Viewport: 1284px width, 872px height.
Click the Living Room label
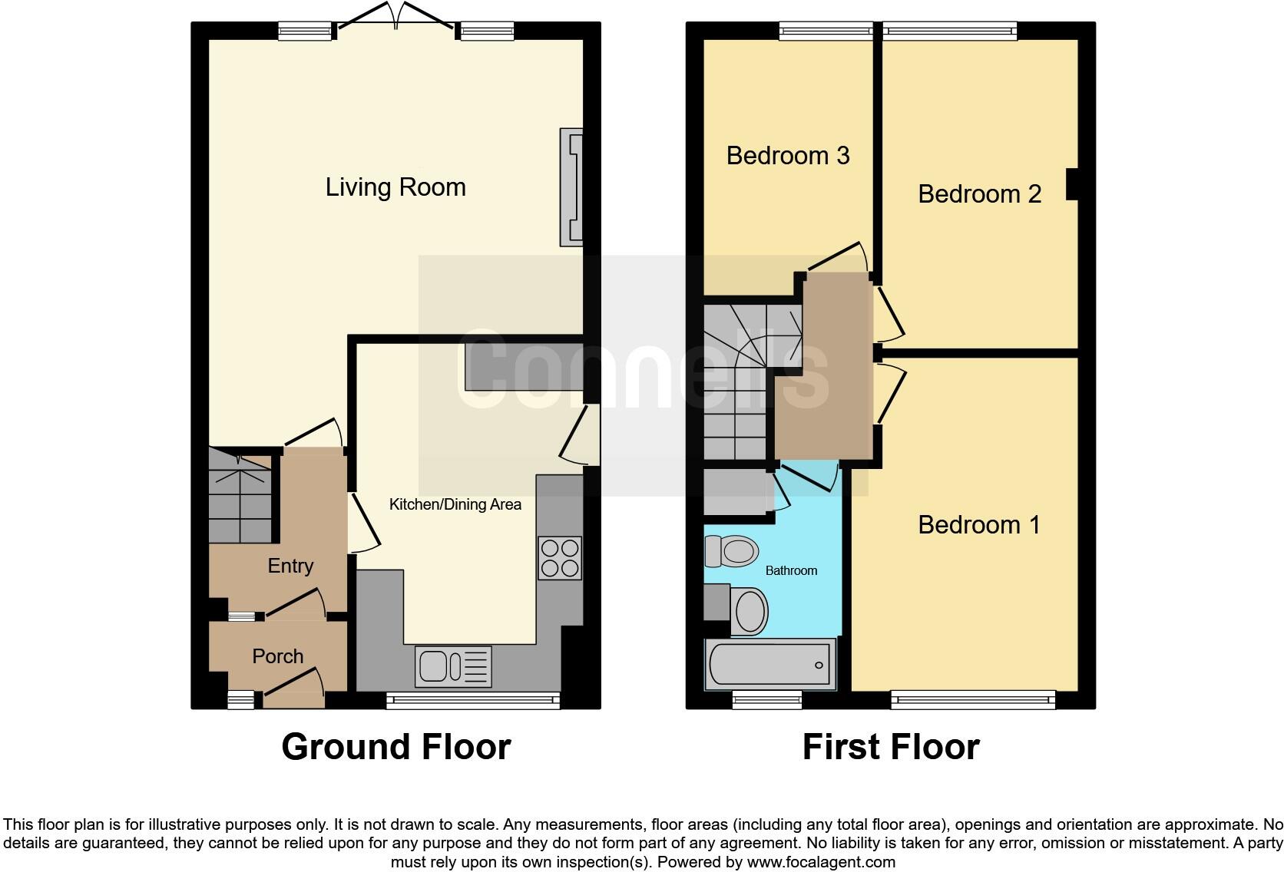click(x=395, y=187)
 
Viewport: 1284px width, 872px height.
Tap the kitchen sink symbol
click(x=453, y=666)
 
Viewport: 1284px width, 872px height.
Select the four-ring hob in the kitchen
click(x=560, y=558)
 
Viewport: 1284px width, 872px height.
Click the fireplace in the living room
click(x=571, y=187)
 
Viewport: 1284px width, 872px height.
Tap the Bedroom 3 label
click(x=788, y=156)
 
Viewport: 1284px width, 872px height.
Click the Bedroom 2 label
click(x=979, y=194)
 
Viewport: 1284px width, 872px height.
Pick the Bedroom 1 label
click(x=978, y=525)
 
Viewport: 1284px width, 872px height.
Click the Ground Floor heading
click(x=395, y=747)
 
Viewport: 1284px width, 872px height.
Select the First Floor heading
click(x=891, y=747)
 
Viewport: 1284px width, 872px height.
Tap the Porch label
click(x=278, y=656)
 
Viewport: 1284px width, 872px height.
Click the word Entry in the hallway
click(x=290, y=566)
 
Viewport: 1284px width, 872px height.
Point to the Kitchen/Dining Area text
click(x=455, y=504)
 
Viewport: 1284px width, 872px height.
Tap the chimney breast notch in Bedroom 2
click(x=1072, y=184)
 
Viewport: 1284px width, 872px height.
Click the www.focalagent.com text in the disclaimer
click(x=821, y=862)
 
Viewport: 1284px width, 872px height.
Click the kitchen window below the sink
click(x=472, y=699)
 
